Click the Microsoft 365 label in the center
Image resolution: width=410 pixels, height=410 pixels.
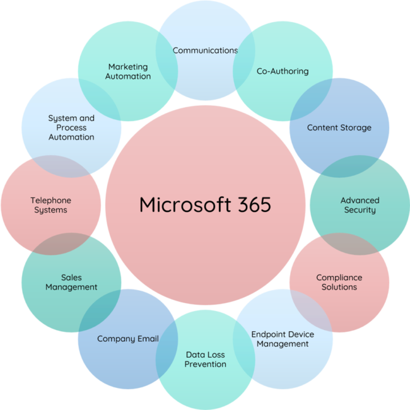pyautogui.click(x=205, y=205)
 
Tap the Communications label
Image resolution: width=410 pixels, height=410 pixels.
pyautogui.click(x=205, y=50)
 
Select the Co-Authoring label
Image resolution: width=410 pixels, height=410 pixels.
pyautogui.click(x=283, y=71)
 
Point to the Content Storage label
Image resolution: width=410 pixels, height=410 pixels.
pyautogui.click(x=339, y=128)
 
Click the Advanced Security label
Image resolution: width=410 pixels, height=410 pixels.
pyautogui.click(x=360, y=205)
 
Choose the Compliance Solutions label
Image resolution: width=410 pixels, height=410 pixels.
pyautogui.click(x=339, y=282)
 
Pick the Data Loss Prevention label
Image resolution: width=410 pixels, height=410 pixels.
pyautogui.click(x=206, y=360)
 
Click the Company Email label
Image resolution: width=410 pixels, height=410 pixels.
pyautogui.click(x=127, y=339)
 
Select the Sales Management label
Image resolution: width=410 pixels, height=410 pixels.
pyautogui.click(x=71, y=282)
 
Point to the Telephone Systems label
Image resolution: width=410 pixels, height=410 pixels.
pyautogui.click(x=50, y=205)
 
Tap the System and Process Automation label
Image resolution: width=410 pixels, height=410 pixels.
pyautogui.click(x=71, y=127)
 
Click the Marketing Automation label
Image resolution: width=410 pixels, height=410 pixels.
pyautogui.click(x=128, y=71)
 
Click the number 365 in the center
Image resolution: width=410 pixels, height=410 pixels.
pyautogui.click(x=249, y=205)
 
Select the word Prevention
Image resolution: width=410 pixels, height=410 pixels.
pyautogui.click(x=206, y=365)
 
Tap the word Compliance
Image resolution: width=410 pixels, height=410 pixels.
pyautogui.click(x=339, y=278)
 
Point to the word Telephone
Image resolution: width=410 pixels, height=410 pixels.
pyautogui.click(x=50, y=201)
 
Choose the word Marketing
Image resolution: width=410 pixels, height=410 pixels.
pyautogui.click(x=128, y=67)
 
